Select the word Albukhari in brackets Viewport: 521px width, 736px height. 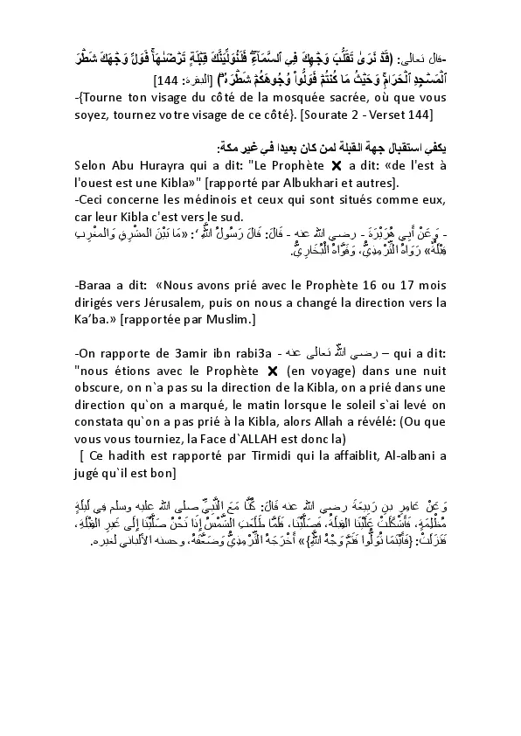(333, 183)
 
